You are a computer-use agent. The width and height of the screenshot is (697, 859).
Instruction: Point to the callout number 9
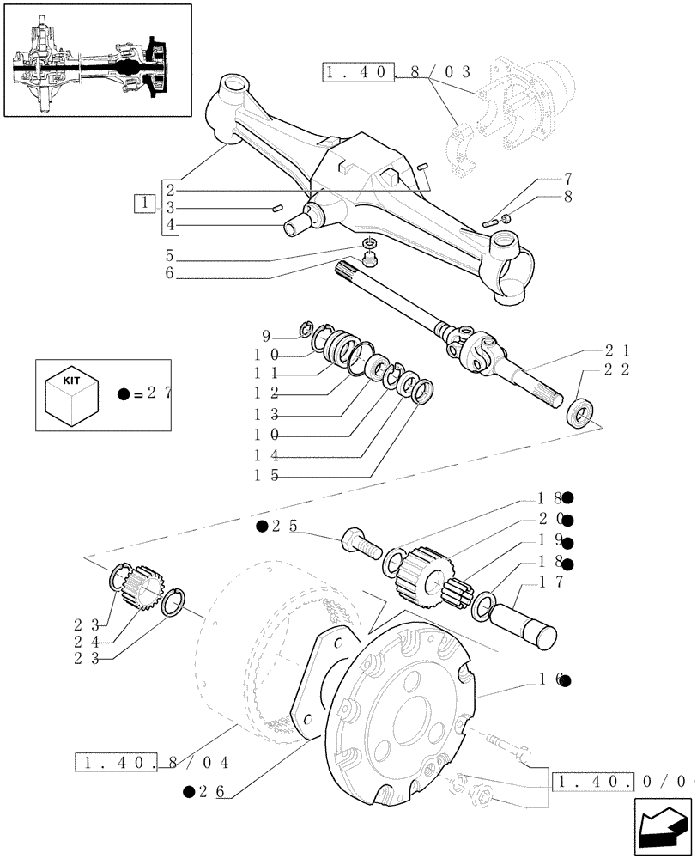(266, 335)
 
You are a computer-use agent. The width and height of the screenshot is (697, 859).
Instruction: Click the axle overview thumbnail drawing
(96, 60)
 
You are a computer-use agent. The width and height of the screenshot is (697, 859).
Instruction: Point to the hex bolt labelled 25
(364, 545)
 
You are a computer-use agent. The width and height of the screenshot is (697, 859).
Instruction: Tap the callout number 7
(567, 180)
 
